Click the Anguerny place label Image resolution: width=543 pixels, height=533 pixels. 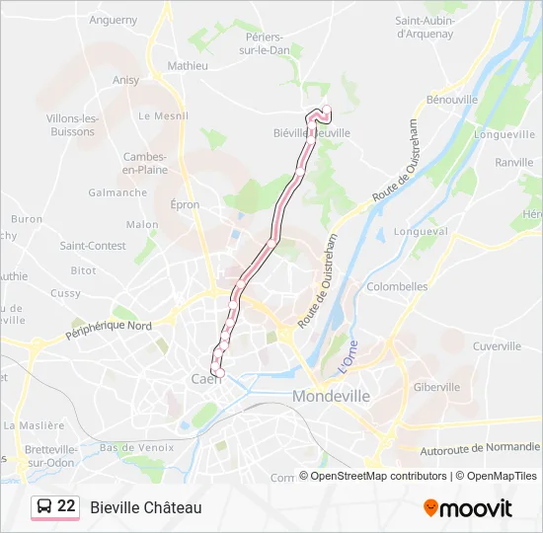(114, 19)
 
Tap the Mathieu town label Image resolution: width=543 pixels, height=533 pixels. (188, 66)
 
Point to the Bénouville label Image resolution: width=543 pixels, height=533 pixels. (451, 100)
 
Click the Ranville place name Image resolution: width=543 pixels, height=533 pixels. (513, 162)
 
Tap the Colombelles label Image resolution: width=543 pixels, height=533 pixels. (397, 286)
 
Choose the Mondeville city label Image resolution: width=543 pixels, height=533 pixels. (331, 396)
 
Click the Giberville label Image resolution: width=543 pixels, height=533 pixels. (436, 387)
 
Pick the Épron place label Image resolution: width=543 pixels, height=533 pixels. (185, 205)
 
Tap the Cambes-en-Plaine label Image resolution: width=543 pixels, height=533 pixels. (144, 163)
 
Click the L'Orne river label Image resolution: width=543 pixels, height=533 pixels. (348, 356)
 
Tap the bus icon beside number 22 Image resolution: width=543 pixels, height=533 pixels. (44, 506)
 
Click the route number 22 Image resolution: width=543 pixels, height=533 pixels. (66, 506)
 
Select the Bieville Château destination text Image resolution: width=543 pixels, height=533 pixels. (145, 507)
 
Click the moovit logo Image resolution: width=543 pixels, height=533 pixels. (468, 507)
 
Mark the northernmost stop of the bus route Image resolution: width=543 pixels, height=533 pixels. (326, 110)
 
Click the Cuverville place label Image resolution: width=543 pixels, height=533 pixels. (497, 346)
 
